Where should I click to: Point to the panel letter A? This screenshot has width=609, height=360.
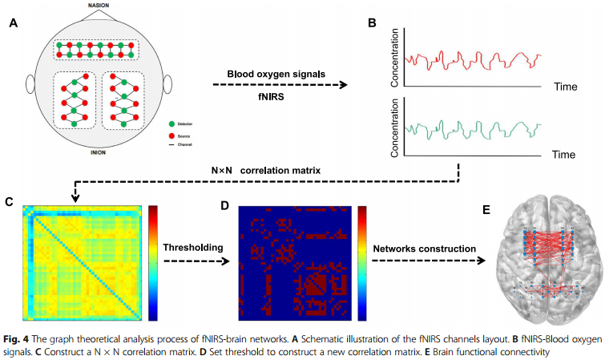point(14,23)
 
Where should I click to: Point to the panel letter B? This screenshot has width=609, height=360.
point(372,23)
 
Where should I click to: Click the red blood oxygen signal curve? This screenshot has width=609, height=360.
point(473,57)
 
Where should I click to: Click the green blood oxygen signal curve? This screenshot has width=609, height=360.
point(473,128)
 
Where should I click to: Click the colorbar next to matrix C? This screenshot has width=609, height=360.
point(151,263)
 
